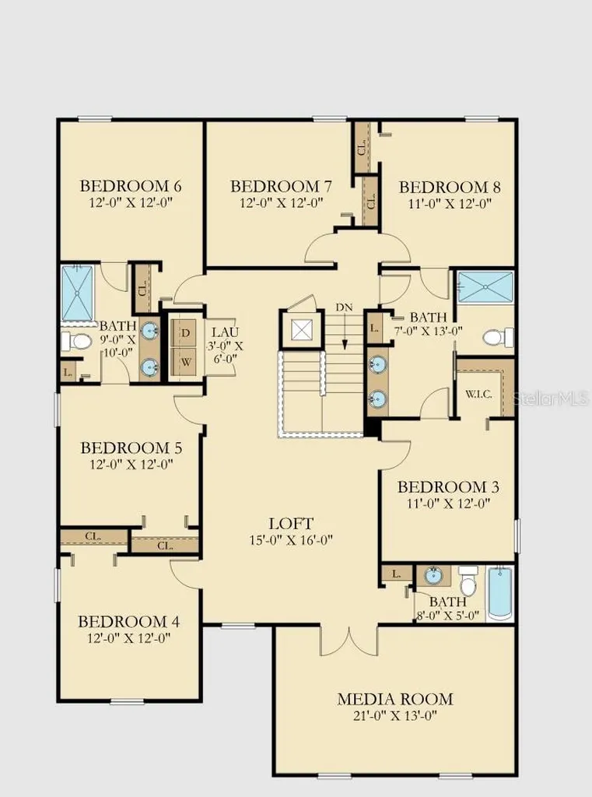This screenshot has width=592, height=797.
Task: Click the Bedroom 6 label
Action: point(131,185)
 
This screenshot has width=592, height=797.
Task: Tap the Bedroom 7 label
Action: point(281,186)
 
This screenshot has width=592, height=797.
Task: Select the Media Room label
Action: point(395,699)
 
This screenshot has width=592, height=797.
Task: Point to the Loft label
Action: point(291,523)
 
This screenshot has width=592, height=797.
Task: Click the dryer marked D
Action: point(186,333)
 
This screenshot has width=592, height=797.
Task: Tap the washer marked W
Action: point(186,362)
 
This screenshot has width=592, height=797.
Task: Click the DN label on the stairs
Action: point(344,307)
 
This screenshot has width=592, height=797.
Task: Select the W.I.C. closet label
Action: point(478,395)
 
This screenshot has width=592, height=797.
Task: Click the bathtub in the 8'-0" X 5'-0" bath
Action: point(500,594)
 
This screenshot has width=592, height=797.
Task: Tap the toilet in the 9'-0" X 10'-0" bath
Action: point(75,341)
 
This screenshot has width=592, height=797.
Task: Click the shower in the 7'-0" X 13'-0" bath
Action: point(485,287)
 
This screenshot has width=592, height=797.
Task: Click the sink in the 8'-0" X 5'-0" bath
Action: point(433,576)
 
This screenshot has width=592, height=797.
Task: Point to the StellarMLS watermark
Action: point(550,398)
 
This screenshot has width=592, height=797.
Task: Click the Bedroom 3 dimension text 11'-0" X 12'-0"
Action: point(448,504)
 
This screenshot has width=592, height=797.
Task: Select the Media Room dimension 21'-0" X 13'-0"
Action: point(395,716)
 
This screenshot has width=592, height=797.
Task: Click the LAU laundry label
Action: point(225,332)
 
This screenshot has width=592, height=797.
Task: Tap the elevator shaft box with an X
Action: point(302,330)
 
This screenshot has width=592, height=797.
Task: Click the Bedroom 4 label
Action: point(128,621)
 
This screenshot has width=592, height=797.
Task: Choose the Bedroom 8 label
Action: point(450,187)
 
